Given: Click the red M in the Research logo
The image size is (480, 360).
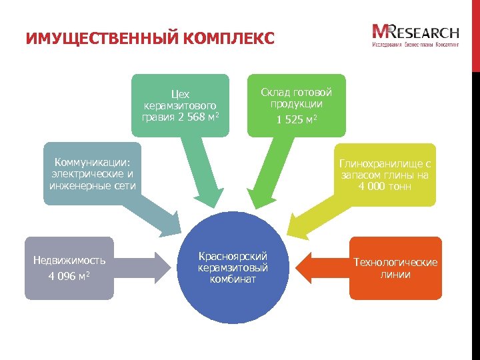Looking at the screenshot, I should (383, 32).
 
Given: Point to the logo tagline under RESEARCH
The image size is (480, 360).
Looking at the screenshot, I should (415, 45).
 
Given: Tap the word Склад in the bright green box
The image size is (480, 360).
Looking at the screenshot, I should (273, 93).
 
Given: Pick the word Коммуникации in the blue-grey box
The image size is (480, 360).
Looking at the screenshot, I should (92, 162).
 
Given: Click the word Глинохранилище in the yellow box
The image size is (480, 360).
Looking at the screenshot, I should (381, 163).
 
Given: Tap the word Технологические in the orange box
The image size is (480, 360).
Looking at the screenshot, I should (395, 262).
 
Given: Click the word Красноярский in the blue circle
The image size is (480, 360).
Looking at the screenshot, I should (233, 255).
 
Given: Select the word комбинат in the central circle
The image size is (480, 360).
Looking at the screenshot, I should (233, 279).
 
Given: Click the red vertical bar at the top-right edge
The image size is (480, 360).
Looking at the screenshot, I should (475, 33).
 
